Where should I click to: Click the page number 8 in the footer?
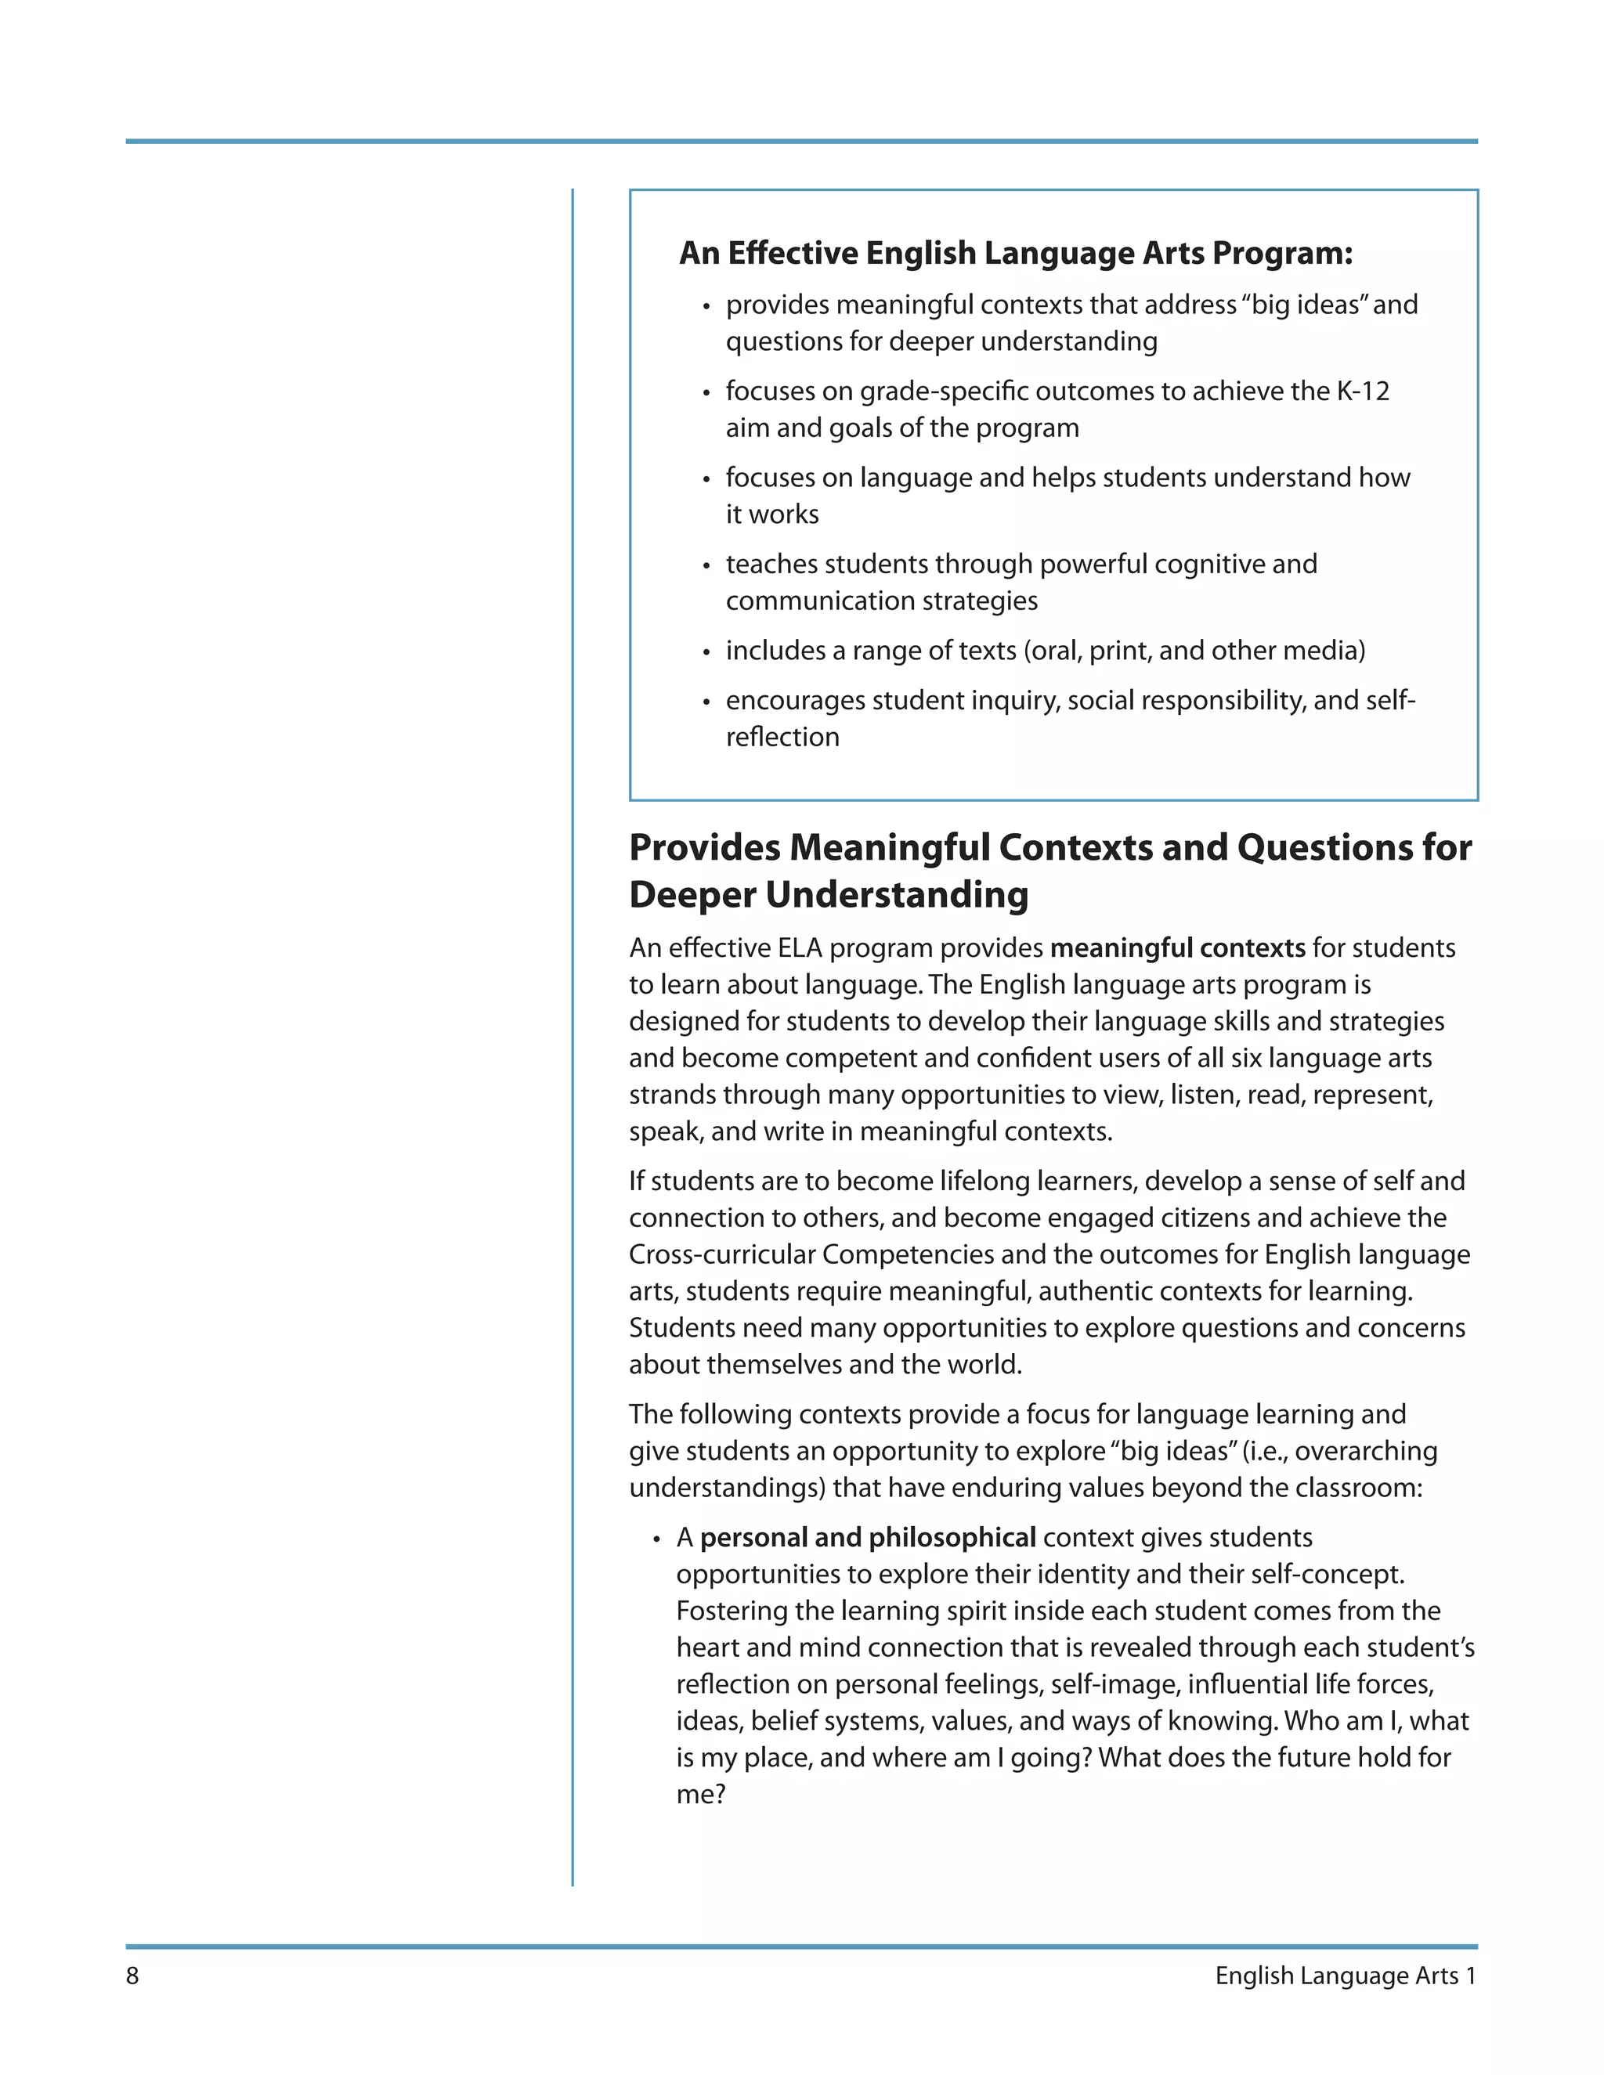tap(132, 1976)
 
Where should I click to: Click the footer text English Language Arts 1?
tap(1345, 1976)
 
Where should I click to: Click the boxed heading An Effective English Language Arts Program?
tap(1015, 253)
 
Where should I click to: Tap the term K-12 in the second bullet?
tap(1363, 392)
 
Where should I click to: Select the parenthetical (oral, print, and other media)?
tap(1194, 651)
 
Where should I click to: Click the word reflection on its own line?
tap(782, 738)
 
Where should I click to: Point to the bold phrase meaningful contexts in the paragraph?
tap(1177, 948)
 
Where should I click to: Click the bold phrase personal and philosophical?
tap(868, 1537)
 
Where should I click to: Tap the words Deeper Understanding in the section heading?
tap(829, 895)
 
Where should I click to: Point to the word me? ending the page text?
tap(700, 1795)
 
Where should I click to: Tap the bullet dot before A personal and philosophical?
tap(656, 1540)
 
